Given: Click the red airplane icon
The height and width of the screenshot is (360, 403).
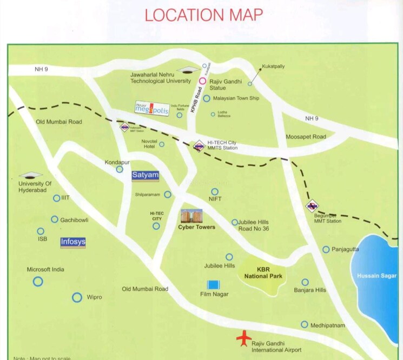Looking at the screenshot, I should [244, 338].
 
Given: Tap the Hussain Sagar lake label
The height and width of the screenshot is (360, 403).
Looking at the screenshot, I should [376, 276].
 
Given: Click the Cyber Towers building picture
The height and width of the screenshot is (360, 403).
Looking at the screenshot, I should [191, 216].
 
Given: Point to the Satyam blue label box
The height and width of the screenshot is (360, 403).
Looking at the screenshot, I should [146, 175].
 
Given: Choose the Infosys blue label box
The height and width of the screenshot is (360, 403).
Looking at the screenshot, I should [73, 242].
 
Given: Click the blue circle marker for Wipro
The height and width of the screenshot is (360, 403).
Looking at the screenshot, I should [77, 297].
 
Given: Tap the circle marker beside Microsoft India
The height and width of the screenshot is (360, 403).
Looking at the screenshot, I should [38, 281].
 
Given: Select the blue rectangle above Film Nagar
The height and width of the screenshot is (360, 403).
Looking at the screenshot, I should [214, 284].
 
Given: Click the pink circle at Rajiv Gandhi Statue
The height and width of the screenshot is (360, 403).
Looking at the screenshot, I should [202, 81].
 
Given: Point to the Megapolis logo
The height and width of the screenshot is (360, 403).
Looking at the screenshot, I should [152, 109].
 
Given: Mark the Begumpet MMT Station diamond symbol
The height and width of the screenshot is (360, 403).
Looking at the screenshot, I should [311, 205].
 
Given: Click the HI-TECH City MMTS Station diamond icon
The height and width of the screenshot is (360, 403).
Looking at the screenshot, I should [199, 145].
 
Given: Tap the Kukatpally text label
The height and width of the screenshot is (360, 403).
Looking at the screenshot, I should [273, 66].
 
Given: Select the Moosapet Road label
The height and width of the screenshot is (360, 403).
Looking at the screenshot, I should [306, 137].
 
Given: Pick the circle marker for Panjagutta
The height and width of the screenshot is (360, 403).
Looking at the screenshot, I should [326, 249].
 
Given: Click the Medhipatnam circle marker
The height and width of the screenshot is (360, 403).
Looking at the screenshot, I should [305, 324].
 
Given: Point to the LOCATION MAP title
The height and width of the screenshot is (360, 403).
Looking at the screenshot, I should [203, 15].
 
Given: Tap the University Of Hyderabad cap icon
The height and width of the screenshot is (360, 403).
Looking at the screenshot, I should [30, 175].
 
